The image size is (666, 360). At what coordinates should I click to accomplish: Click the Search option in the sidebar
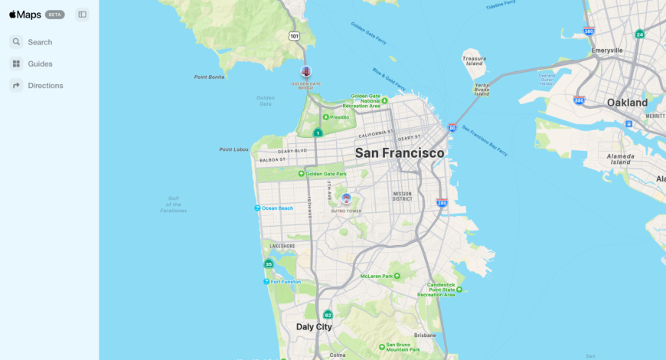pyautogui.click(x=39, y=42)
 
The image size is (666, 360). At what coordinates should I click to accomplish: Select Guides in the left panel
pyautogui.click(x=39, y=64)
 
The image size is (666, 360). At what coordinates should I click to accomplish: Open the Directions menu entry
pyautogui.click(x=44, y=85)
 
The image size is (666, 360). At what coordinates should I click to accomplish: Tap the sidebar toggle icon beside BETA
pyautogui.click(x=82, y=15)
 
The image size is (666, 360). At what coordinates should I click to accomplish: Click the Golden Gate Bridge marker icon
pyautogui.click(x=306, y=72)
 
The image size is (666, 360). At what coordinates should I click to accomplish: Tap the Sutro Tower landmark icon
pyautogui.click(x=346, y=198)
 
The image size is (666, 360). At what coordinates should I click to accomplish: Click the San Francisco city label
pyautogui.click(x=399, y=153)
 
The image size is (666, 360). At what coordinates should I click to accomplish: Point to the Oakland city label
pyautogui.click(x=627, y=103)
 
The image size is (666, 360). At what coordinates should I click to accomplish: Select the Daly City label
pyautogui.click(x=314, y=327)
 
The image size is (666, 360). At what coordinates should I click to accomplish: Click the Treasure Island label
pyautogui.click(x=474, y=61)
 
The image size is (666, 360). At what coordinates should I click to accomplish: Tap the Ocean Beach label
pyautogui.click(x=277, y=208)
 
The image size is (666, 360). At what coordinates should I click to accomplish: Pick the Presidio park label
pyautogui.click(x=339, y=117)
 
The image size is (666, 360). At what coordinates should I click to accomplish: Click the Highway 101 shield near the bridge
pyautogui.click(x=294, y=36)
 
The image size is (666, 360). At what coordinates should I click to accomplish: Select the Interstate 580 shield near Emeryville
pyautogui.click(x=588, y=31)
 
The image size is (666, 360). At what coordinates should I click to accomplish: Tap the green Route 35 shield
pyautogui.click(x=268, y=264)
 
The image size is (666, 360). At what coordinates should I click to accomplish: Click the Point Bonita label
pyautogui.click(x=209, y=77)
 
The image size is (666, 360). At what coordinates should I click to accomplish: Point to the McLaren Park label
pyautogui.click(x=376, y=276)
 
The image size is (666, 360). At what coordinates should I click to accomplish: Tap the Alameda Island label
pyautogui.click(x=620, y=159)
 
